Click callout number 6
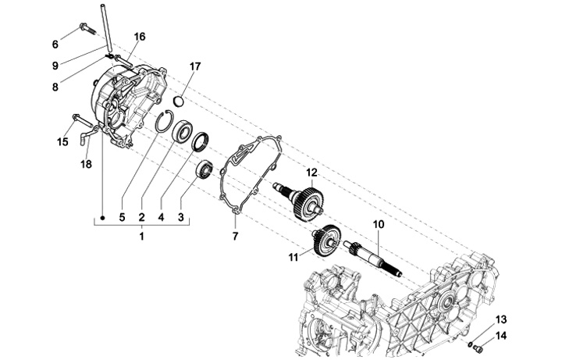pyautogui.click(x=55, y=43)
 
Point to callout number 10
pyautogui.click(x=379, y=224)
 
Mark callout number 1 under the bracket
pyautogui.click(x=141, y=235)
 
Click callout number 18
pyautogui.click(x=86, y=165)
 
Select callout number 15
pyautogui.click(x=62, y=141)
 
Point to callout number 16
pyautogui.click(x=140, y=37)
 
